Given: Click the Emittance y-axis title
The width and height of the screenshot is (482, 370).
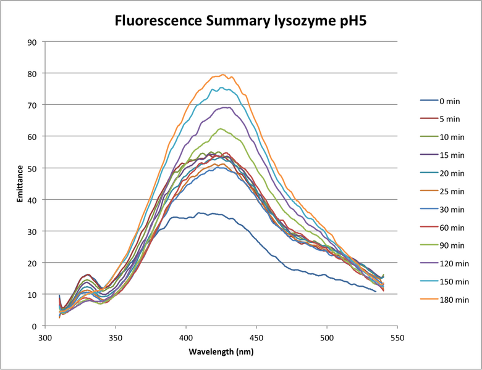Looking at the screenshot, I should pos(20,184).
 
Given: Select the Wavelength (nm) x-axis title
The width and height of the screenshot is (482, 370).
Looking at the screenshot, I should pos(221,351).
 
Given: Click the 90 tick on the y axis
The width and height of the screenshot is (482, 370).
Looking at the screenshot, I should pos(33,42).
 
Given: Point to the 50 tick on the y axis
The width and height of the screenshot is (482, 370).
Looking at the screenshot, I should pos(33,168).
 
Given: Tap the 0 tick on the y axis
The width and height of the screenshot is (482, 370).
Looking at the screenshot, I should pos(35,326).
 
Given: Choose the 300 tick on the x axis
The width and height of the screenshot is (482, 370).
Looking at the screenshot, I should pos(45,338).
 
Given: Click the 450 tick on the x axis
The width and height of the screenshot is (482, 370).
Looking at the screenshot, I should pos(256,338).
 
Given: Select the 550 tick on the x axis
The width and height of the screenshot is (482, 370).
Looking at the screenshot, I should pos(397,338).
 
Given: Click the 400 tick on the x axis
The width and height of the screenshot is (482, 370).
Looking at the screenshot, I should pos(186,338).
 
